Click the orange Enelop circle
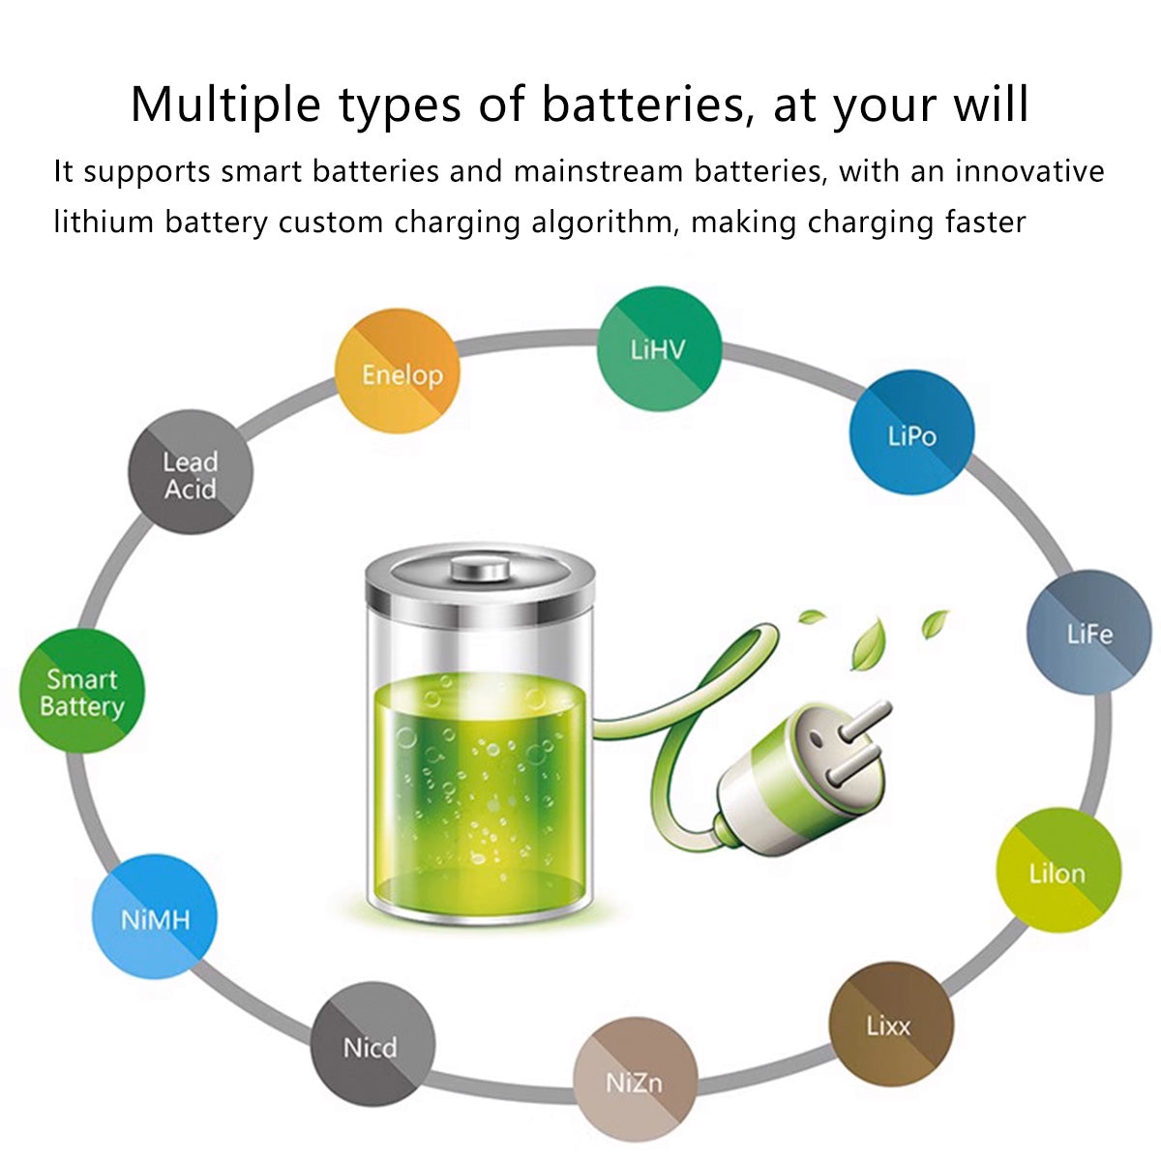(x=397, y=371)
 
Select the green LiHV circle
(x=659, y=349)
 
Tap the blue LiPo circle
(x=911, y=432)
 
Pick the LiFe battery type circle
(x=1089, y=632)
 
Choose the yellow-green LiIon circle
(x=1058, y=870)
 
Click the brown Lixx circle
(x=891, y=1024)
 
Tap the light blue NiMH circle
(x=154, y=916)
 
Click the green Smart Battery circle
(x=82, y=691)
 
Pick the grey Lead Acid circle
(x=191, y=472)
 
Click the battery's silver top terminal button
(x=480, y=568)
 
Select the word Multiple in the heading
(x=225, y=105)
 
